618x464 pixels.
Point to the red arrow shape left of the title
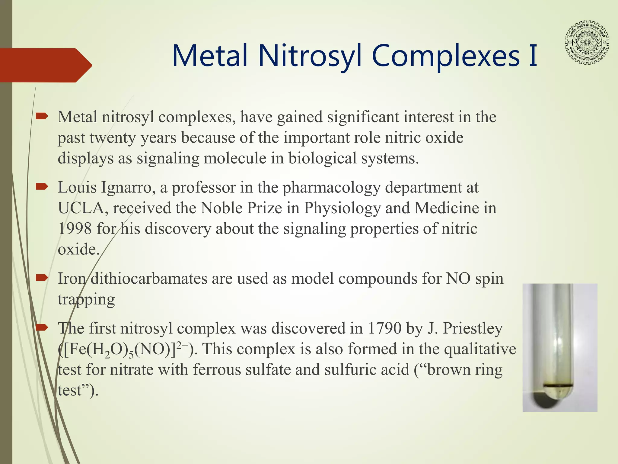45,65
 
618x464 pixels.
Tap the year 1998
75,229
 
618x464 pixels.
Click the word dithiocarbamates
149,279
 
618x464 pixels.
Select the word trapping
86,300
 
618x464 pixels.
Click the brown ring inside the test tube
558,386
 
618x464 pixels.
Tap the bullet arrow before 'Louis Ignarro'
42,187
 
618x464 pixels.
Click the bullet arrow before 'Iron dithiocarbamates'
42,278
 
